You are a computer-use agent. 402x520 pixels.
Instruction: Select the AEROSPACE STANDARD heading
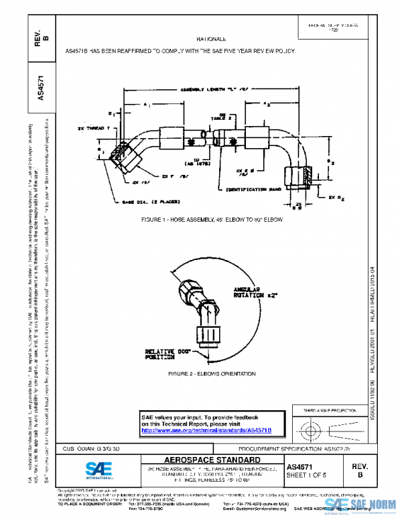201,460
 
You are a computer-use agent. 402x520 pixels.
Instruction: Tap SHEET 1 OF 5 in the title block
307,475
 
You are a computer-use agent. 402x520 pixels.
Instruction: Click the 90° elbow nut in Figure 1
295,176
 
